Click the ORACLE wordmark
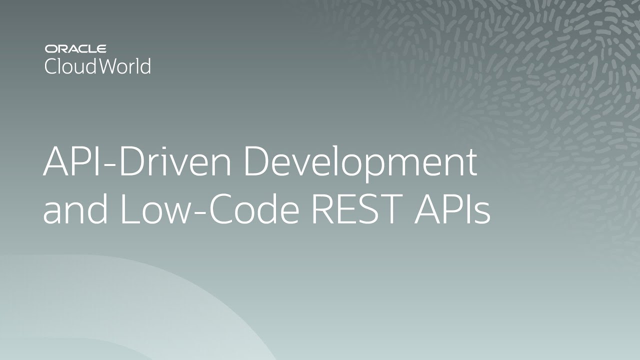point(75,49)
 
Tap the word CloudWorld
point(97,66)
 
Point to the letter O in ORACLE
point(50,49)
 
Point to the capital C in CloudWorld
point(51,66)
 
